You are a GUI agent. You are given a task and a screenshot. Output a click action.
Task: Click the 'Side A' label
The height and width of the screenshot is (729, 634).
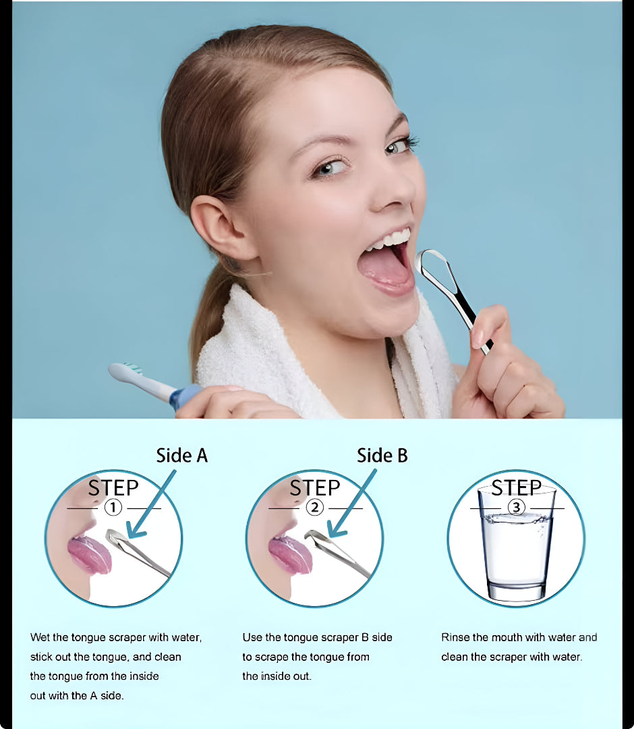coord(181,456)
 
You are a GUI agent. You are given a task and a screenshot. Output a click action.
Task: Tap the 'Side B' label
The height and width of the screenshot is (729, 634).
coord(382,456)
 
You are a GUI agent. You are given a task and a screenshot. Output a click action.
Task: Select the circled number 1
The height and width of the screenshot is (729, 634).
coord(113,507)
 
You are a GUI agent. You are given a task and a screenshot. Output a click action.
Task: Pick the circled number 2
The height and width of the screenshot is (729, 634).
coord(314,507)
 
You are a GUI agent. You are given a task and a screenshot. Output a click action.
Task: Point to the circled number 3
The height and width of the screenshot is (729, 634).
coord(516,507)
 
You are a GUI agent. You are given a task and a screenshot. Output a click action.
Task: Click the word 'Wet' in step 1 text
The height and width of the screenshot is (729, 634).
coord(40,637)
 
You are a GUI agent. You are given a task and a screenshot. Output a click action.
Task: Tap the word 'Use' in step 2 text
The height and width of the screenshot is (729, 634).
coord(252,637)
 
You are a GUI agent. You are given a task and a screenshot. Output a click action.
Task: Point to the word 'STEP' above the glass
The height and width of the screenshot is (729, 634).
coord(517,488)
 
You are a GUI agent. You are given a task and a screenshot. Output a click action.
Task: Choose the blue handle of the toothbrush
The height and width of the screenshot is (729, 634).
coord(185,397)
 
